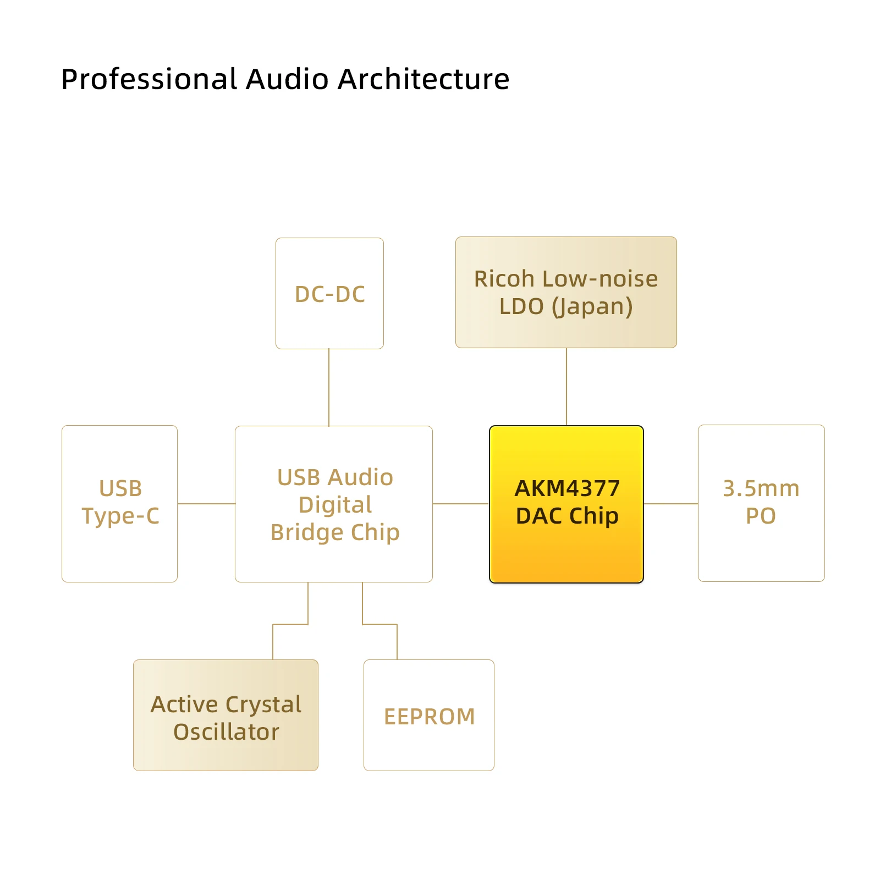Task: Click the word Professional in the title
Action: (x=148, y=79)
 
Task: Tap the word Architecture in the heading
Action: (x=424, y=79)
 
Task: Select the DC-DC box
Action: (x=329, y=293)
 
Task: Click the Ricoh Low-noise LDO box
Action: (x=566, y=292)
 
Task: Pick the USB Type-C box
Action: (x=119, y=503)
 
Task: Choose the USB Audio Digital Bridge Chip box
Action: (x=334, y=504)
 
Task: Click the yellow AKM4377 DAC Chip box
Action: (x=566, y=504)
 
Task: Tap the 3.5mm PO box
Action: (x=761, y=503)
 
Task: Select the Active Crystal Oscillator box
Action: (x=226, y=715)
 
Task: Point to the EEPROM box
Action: (x=429, y=715)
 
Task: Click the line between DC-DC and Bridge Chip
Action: (x=329, y=387)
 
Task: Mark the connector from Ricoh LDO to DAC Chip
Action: (x=566, y=387)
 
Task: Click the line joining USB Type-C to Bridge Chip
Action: (x=206, y=503)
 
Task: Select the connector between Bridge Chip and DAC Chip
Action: (x=461, y=503)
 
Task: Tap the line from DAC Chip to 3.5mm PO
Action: (x=671, y=503)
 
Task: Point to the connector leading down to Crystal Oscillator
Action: (x=290, y=624)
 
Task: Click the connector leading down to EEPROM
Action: (x=380, y=624)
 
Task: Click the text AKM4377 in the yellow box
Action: (x=567, y=488)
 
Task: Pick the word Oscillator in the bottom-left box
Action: (x=226, y=732)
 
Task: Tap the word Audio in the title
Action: (x=287, y=79)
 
